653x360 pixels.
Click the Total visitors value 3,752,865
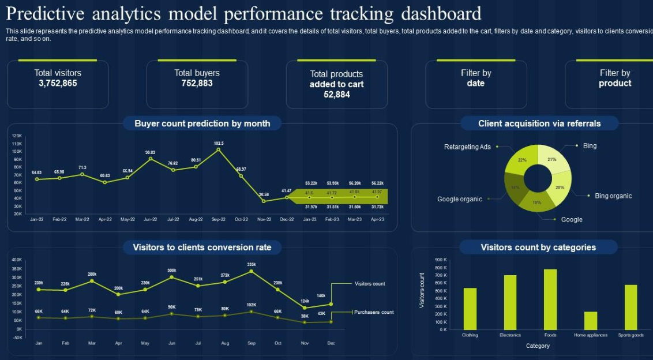(x=58, y=83)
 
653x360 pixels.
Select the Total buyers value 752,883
(x=197, y=83)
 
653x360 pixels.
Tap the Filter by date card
(x=476, y=84)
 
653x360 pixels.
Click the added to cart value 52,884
(x=337, y=95)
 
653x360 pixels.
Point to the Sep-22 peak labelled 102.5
(x=219, y=149)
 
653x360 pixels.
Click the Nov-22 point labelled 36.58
(x=264, y=201)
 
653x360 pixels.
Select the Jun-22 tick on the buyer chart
(x=150, y=219)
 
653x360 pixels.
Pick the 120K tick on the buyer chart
(x=17, y=136)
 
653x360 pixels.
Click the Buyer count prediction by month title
(x=202, y=123)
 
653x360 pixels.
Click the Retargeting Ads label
(x=467, y=147)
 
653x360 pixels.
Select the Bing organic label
(x=613, y=196)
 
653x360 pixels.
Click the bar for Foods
(x=550, y=299)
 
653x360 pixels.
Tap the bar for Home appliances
(x=590, y=321)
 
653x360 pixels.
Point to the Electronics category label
(x=510, y=335)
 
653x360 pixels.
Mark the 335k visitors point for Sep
(x=252, y=271)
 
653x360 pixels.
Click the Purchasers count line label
(x=374, y=312)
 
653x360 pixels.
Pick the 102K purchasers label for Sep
(x=252, y=305)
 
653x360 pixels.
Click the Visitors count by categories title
(x=538, y=247)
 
